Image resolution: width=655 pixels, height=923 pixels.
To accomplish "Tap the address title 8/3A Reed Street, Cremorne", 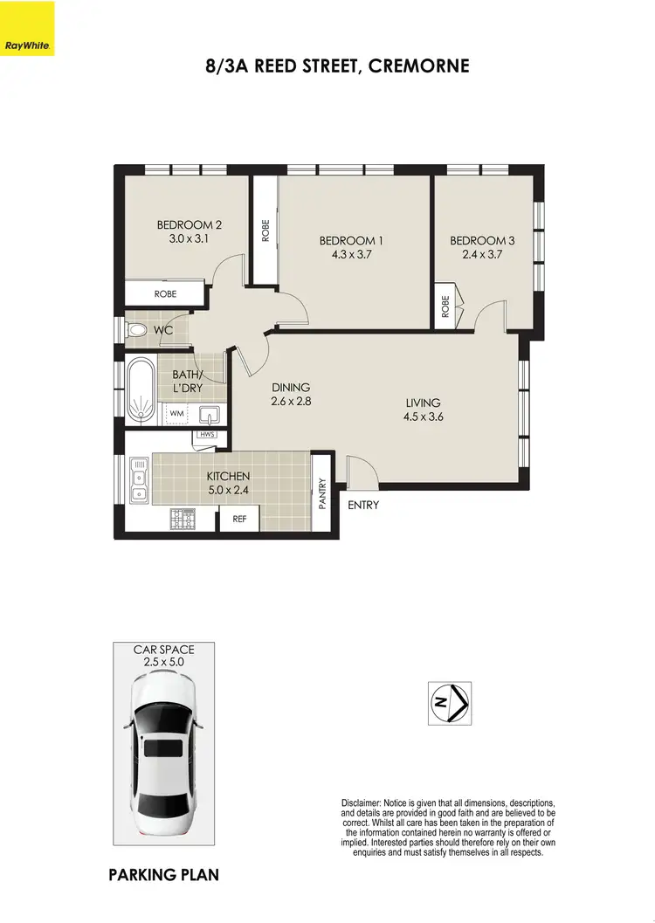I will click(x=336, y=65).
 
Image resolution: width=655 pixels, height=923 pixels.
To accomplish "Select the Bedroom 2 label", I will click(x=183, y=224).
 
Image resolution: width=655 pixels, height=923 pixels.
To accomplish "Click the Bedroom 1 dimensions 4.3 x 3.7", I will click(x=350, y=255).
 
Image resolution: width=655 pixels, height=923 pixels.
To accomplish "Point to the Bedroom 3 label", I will click(x=478, y=240).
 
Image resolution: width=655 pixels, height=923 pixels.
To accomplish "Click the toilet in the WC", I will click(x=136, y=331).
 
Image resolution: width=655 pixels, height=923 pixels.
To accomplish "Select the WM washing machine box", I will click(x=176, y=413).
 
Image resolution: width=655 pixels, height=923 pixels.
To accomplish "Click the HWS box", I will click(x=207, y=435).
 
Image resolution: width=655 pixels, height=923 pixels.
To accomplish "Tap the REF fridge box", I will click(x=238, y=520).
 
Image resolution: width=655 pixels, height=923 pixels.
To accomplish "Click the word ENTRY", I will click(x=363, y=505).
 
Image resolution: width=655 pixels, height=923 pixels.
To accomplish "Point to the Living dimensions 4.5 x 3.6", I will click(x=425, y=417).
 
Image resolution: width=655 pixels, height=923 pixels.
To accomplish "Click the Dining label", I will click(x=291, y=387).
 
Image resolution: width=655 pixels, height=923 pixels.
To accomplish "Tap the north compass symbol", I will click(x=449, y=703).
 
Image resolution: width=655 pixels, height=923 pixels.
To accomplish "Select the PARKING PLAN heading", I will click(x=163, y=875).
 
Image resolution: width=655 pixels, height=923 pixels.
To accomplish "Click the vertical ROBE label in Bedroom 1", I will click(x=265, y=230).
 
